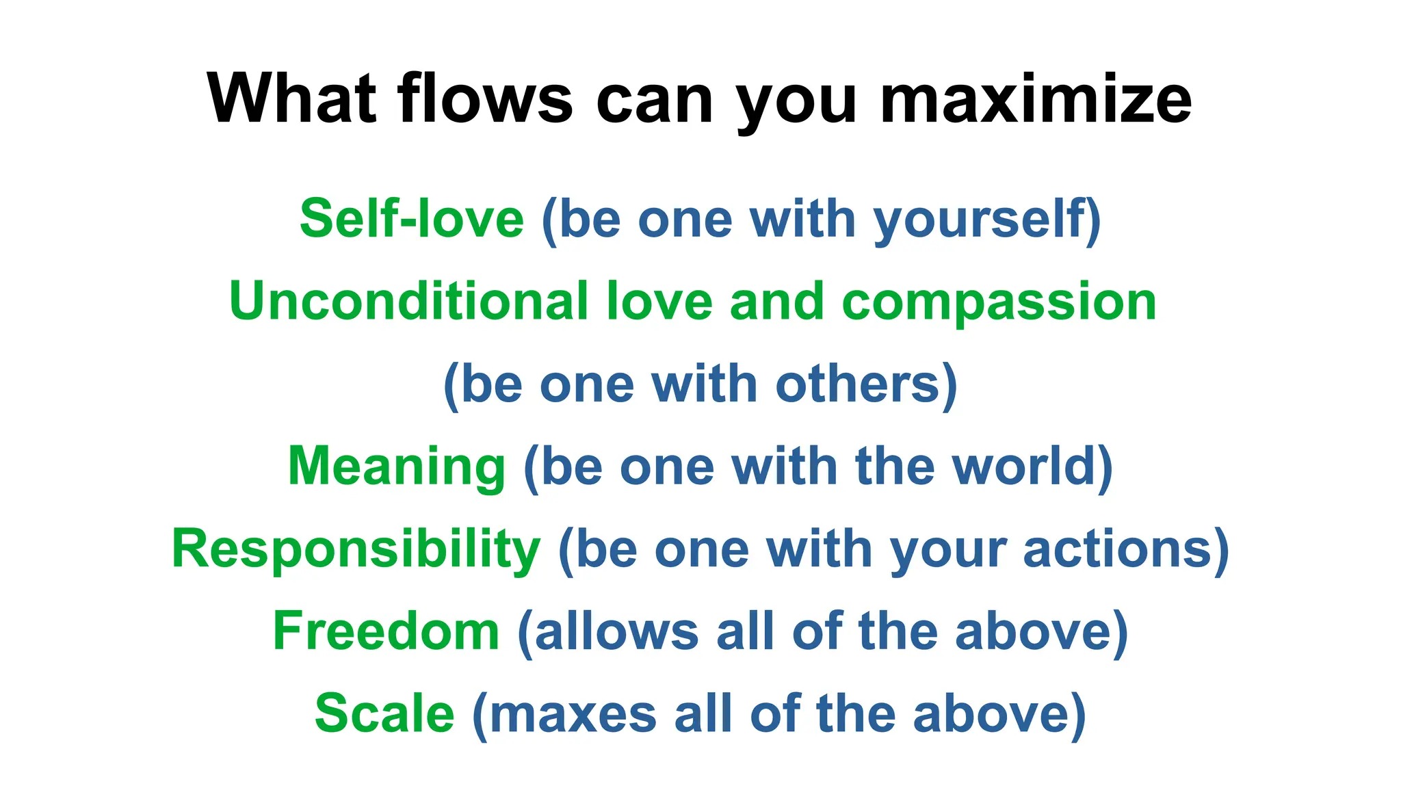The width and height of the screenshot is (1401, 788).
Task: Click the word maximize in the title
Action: [1036, 100]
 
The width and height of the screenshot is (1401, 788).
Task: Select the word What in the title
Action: [292, 100]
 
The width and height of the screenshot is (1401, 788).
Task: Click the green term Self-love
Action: [412, 219]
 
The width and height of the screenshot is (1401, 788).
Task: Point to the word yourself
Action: [980, 220]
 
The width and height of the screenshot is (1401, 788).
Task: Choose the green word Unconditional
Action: [408, 302]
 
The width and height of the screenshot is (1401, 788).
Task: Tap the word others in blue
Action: [859, 384]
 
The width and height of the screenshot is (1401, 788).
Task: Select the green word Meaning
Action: [397, 467]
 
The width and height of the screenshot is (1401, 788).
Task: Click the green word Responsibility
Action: [356, 549]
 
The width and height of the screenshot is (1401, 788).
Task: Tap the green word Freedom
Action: [387, 631]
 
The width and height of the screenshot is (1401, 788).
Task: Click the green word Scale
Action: [384, 713]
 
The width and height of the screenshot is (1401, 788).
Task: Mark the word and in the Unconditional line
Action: [776, 302]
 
